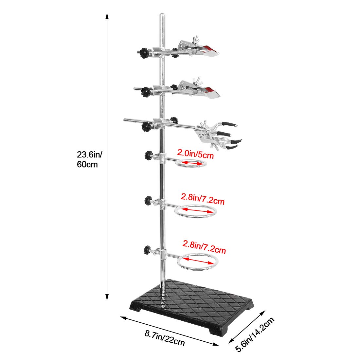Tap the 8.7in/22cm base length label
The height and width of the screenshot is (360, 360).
165,337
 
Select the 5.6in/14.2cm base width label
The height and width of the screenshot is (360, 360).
255,334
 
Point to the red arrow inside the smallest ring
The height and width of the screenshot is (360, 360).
192,163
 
